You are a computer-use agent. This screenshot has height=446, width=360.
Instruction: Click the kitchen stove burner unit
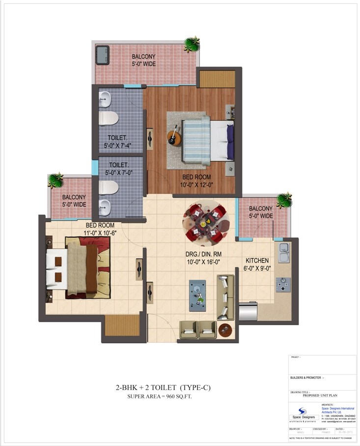click(283, 283)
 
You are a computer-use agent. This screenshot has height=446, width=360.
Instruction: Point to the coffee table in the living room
click(198, 293)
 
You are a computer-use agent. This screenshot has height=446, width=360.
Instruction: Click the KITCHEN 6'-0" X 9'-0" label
click(257, 265)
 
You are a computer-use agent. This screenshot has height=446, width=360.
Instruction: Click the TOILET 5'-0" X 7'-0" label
click(119, 169)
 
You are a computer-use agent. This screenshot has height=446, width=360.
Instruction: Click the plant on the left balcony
click(55, 181)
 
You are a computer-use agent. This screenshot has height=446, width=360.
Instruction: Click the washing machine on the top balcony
click(102, 54)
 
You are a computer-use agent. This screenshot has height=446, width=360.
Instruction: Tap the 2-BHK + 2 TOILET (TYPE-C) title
click(162, 388)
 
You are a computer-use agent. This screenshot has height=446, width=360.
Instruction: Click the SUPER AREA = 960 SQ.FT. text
click(160, 396)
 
